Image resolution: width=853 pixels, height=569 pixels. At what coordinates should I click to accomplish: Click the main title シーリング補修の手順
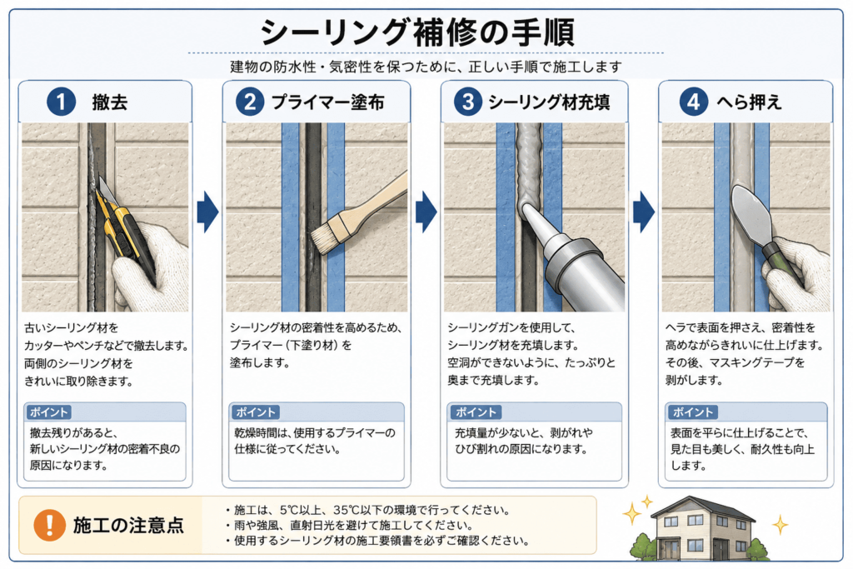(x=417, y=32)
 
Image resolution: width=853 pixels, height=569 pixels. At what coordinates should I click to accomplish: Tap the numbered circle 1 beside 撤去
(x=61, y=102)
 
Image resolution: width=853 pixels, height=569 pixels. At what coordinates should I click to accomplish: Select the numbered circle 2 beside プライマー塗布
(x=250, y=102)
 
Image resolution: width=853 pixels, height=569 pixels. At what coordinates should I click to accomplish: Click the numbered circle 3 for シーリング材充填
(x=468, y=102)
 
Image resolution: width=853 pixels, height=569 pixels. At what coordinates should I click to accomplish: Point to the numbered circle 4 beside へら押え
(x=694, y=102)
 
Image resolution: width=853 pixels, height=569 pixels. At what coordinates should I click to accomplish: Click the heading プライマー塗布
(x=327, y=102)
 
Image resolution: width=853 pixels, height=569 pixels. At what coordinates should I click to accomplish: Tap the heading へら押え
(x=750, y=102)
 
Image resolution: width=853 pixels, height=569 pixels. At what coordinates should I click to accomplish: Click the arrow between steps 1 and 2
(x=207, y=212)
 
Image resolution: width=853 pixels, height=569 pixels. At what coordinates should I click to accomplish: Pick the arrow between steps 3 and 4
(x=644, y=212)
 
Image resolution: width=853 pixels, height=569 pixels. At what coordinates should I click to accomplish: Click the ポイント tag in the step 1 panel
(x=49, y=412)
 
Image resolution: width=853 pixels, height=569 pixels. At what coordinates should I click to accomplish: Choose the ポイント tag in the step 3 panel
(x=476, y=412)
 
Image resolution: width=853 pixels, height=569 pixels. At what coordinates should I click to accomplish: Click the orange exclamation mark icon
(x=49, y=525)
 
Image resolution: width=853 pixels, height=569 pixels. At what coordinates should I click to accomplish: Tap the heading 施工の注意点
(x=128, y=526)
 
